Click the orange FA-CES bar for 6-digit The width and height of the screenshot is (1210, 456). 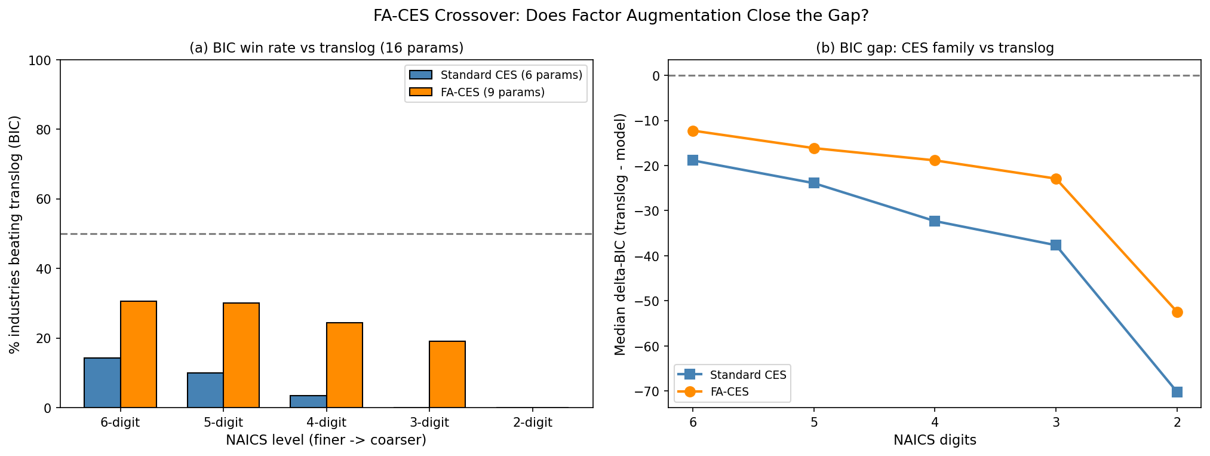[x=139, y=354]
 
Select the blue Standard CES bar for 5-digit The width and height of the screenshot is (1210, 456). [x=205, y=390]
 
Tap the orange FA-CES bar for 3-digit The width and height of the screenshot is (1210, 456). [x=447, y=375]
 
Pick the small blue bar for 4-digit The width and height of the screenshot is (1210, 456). [x=308, y=402]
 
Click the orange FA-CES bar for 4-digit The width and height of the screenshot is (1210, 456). [x=344, y=365]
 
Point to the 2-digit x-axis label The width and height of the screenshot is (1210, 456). [x=533, y=423]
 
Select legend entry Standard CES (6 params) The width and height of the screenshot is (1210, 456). [x=511, y=75]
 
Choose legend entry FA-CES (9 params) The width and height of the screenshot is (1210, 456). [x=492, y=92]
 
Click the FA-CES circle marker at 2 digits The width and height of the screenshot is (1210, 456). [x=1177, y=312]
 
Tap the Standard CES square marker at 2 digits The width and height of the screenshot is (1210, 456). [x=1177, y=392]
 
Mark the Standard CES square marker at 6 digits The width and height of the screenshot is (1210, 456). [x=693, y=160]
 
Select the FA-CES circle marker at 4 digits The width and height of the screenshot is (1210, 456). [x=935, y=160]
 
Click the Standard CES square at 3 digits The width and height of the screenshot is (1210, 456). [x=1056, y=245]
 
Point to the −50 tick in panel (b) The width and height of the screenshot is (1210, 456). [x=649, y=301]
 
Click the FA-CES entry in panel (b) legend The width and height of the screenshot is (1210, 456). [x=729, y=392]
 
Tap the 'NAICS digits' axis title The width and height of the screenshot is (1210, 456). [x=935, y=440]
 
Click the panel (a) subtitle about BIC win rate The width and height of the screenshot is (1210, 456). [x=326, y=48]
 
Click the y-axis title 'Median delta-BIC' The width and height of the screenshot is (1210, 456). [x=621, y=234]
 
